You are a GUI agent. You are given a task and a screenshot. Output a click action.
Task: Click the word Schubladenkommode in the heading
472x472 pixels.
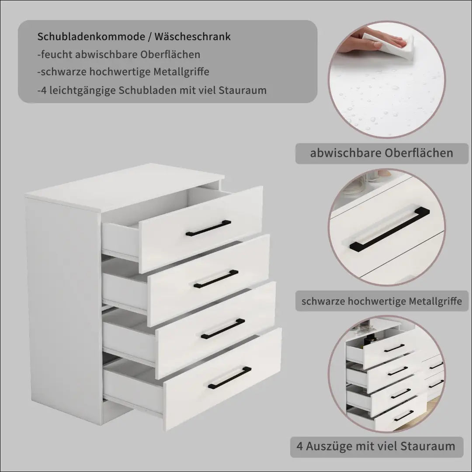(x=91, y=36)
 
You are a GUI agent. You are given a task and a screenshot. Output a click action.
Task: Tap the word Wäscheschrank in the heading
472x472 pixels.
(x=193, y=36)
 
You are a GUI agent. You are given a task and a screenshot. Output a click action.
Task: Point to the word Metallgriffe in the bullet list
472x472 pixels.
(x=181, y=72)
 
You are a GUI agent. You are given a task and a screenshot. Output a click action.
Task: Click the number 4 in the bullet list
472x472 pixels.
(x=44, y=90)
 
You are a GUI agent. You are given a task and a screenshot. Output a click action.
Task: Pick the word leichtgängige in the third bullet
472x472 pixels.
(x=82, y=90)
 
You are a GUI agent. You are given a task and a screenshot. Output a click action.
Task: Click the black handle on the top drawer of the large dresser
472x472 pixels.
(x=208, y=228)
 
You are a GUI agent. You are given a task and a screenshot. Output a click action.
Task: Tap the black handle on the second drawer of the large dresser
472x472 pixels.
(x=216, y=279)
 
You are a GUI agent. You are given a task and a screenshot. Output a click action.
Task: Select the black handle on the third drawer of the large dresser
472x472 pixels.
(x=223, y=329)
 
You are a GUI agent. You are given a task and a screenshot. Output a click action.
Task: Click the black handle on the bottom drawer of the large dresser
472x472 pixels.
(x=230, y=378)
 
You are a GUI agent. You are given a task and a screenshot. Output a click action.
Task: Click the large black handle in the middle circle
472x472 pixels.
(x=390, y=229)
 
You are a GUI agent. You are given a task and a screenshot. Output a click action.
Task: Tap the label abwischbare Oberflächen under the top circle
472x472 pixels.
(x=382, y=153)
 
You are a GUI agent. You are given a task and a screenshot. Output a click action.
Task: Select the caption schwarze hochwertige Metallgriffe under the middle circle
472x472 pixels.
(x=382, y=301)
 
